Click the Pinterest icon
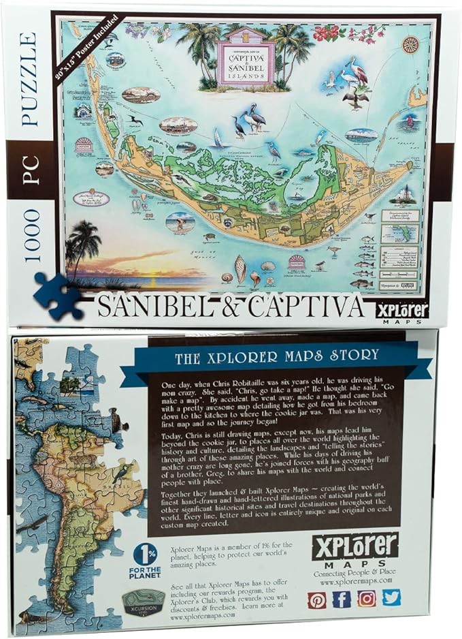click(317, 599)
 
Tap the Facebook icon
click(342, 599)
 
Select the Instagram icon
click(367, 598)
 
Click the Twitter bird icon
click(391, 597)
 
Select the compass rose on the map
click(409, 44)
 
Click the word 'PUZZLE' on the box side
click(29, 78)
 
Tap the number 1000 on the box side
click(30, 235)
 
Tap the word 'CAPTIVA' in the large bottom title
click(305, 307)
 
